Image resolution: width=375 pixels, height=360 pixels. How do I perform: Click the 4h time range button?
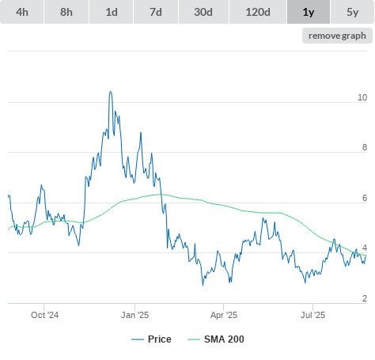coord(22,12)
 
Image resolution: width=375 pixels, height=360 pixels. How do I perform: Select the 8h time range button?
coord(66,12)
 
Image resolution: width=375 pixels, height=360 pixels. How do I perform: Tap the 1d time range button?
coord(112,12)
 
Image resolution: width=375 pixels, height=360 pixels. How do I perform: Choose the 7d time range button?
coord(156,12)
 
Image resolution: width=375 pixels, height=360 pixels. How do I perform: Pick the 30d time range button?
coord(203,12)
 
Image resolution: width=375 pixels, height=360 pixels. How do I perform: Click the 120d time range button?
coord(258,12)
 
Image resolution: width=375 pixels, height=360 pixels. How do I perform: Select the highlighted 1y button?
coord(309,12)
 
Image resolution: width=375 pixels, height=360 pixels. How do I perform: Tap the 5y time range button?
coord(353,12)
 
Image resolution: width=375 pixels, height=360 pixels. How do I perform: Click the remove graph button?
coord(337,36)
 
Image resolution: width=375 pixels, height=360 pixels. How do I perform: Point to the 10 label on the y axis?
coord(362,97)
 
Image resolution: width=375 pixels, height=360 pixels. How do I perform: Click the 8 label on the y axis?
coord(365,147)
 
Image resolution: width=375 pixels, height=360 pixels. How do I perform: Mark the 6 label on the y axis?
coord(365,198)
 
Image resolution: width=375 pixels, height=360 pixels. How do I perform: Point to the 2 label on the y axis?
coord(365,298)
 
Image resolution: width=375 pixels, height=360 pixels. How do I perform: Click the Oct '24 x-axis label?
coord(44,315)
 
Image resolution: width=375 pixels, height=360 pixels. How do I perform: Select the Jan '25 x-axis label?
coord(134,315)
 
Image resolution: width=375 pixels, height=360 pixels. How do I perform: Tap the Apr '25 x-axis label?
coord(224,315)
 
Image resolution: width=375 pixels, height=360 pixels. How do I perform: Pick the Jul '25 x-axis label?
coord(312,315)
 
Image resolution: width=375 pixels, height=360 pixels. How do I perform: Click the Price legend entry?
coord(151,339)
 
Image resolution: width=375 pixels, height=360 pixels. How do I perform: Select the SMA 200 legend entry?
coord(216,339)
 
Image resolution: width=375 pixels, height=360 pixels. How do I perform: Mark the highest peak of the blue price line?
coord(111,92)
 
